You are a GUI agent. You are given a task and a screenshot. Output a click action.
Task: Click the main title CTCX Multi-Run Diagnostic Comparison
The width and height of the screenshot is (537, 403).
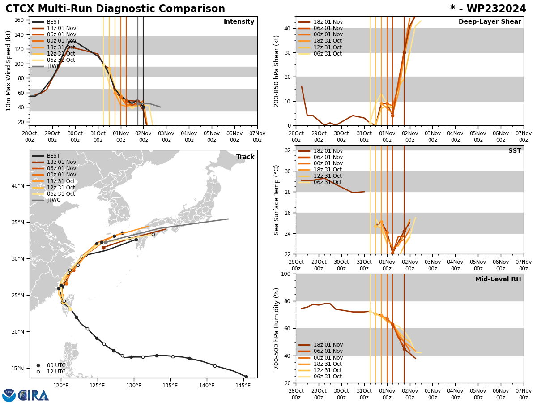coord(115,9)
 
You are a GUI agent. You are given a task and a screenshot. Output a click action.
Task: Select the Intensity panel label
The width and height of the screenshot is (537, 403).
coord(239,22)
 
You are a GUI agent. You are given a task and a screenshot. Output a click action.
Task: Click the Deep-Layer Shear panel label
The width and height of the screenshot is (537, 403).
coord(490,22)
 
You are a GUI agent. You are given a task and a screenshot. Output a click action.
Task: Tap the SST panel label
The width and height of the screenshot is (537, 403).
coord(514,151)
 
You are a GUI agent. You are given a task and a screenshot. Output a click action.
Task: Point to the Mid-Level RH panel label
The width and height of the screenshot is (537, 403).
coord(498,279)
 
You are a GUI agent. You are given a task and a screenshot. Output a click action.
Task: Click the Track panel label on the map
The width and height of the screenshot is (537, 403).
coord(245,157)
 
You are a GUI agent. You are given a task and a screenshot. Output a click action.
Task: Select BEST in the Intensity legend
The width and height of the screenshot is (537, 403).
coord(53,22)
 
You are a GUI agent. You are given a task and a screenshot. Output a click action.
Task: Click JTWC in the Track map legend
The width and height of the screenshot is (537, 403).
coord(53,200)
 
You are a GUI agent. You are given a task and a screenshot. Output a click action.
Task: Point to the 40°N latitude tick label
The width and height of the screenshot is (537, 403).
coord(18,186)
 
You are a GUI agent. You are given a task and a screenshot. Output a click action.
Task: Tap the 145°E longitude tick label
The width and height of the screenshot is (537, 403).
coord(243,385)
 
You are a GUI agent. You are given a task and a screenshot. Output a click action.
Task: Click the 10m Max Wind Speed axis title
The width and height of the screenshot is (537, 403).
coord(9,71)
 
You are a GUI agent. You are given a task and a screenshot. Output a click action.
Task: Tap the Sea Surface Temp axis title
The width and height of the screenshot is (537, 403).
coord(277,200)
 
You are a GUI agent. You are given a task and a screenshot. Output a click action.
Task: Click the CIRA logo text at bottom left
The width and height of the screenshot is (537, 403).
coord(34,395)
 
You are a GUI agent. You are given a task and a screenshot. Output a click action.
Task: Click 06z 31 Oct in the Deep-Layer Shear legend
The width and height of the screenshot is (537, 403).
coord(328,54)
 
